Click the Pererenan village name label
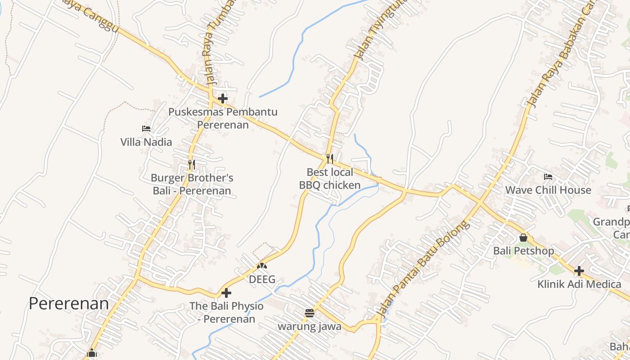pyautogui.click(x=69, y=304)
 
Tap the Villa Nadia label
pyautogui.click(x=146, y=142)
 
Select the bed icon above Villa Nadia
pyautogui.click(x=146, y=129)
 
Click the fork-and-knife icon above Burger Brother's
pyautogui.click(x=192, y=165)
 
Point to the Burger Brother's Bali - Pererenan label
pyautogui.click(x=192, y=184)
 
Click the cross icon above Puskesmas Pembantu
pyautogui.click(x=223, y=99)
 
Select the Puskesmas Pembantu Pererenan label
pyautogui.click(x=223, y=118)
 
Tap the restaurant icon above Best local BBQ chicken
pyautogui.click(x=330, y=159)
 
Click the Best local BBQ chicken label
pyautogui.click(x=330, y=179)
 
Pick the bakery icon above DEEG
pyautogui.click(x=262, y=266)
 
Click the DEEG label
pyautogui.click(x=262, y=279)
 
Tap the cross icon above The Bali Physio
pyautogui.click(x=226, y=293)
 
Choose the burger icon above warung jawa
pyautogui.click(x=309, y=313)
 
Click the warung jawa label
pyautogui.click(x=309, y=326)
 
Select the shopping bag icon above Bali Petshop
pyautogui.click(x=523, y=237)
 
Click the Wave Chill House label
pyautogui.click(x=548, y=190)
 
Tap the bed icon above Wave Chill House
pyautogui.click(x=548, y=176)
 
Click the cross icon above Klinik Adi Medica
pyautogui.click(x=579, y=271)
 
